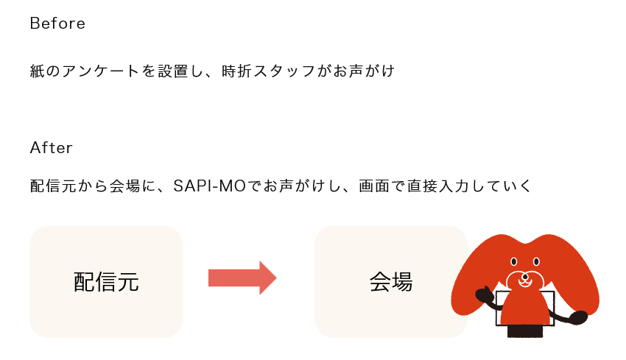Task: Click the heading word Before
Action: click(x=57, y=24)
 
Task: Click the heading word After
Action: click(x=51, y=148)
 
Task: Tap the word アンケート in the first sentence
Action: click(x=101, y=71)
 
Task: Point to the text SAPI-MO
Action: click(x=210, y=186)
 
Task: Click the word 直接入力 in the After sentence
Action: click(x=439, y=186)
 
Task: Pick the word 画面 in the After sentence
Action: click(x=374, y=186)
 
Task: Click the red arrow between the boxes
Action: click(x=242, y=278)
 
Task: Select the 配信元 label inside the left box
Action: click(x=106, y=282)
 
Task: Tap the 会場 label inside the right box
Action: click(x=391, y=282)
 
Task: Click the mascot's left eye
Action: click(x=514, y=262)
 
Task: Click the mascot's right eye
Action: click(x=536, y=262)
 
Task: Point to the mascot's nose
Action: click(x=525, y=277)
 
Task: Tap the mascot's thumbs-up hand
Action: click(x=485, y=294)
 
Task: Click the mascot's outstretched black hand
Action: click(x=577, y=317)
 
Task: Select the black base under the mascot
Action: click(x=525, y=331)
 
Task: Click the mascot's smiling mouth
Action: click(x=525, y=283)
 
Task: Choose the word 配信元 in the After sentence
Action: click(x=53, y=186)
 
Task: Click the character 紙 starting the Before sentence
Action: click(x=38, y=71)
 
